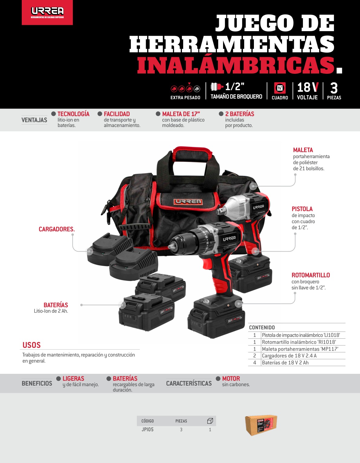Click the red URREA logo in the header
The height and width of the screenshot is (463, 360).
pyautogui.click(x=47, y=12)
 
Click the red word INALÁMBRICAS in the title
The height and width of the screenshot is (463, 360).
pyautogui.click(x=236, y=65)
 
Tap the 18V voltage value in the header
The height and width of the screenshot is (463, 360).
pyautogui.click(x=308, y=87)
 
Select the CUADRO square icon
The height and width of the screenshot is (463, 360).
pyautogui.click(x=280, y=88)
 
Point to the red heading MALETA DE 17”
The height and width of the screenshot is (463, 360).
pyautogui.click(x=181, y=114)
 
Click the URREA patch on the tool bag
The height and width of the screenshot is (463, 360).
pyautogui.click(x=188, y=202)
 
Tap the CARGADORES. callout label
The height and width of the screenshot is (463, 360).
pyautogui.click(x=57, y=229)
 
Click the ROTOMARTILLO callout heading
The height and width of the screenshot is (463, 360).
pyautogui.click(x=311, y=275)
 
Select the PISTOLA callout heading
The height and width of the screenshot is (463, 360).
pyautogui.click(x=302, y=209)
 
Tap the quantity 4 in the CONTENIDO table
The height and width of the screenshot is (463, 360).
pyautogui.click(x=255, y=362)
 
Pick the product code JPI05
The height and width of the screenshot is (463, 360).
pyautogui.click(x=148, y=429)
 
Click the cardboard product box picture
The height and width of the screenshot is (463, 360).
pyautogui.click(x=261, y=425)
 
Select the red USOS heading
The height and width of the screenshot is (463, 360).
pyautogui.click(x=31, y=345)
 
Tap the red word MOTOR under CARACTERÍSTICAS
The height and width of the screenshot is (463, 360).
pyautogui.click(x=231, y=378)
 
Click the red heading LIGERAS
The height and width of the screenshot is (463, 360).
pyautogui.click(x=73, y=378)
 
